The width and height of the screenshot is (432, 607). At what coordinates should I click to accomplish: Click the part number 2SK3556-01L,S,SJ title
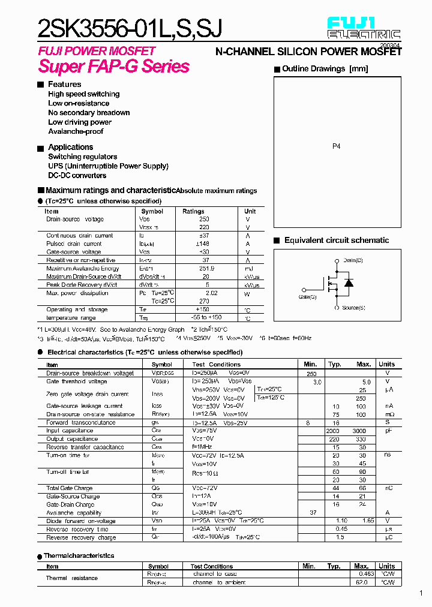coord(130,29)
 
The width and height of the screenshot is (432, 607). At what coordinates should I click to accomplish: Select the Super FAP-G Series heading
coord(113,67)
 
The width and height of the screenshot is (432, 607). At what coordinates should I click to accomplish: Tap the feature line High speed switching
coord(83,94)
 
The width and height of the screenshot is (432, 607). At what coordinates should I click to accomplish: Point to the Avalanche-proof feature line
coord(76,131)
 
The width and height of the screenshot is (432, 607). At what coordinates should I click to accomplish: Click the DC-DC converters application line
coord(77,176)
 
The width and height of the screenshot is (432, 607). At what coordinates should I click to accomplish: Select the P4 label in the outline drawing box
coord(336,146)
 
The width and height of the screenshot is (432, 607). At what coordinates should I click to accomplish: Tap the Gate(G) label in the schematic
coord(307,297)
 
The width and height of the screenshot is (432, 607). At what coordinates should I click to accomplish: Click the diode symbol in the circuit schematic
coord(349,283)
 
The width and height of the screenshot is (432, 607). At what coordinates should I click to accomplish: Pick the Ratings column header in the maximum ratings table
coord(193,211)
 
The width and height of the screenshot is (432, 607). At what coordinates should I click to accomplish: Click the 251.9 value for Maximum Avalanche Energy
coord(206,268)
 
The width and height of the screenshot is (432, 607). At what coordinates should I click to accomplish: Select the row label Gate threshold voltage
coord(77,381)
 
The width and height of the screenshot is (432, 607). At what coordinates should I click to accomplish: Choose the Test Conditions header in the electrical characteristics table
coord(216,365)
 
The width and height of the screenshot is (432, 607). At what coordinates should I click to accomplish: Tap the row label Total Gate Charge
coord(70,488)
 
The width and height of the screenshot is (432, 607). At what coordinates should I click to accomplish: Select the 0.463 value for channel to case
coord(366,574)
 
